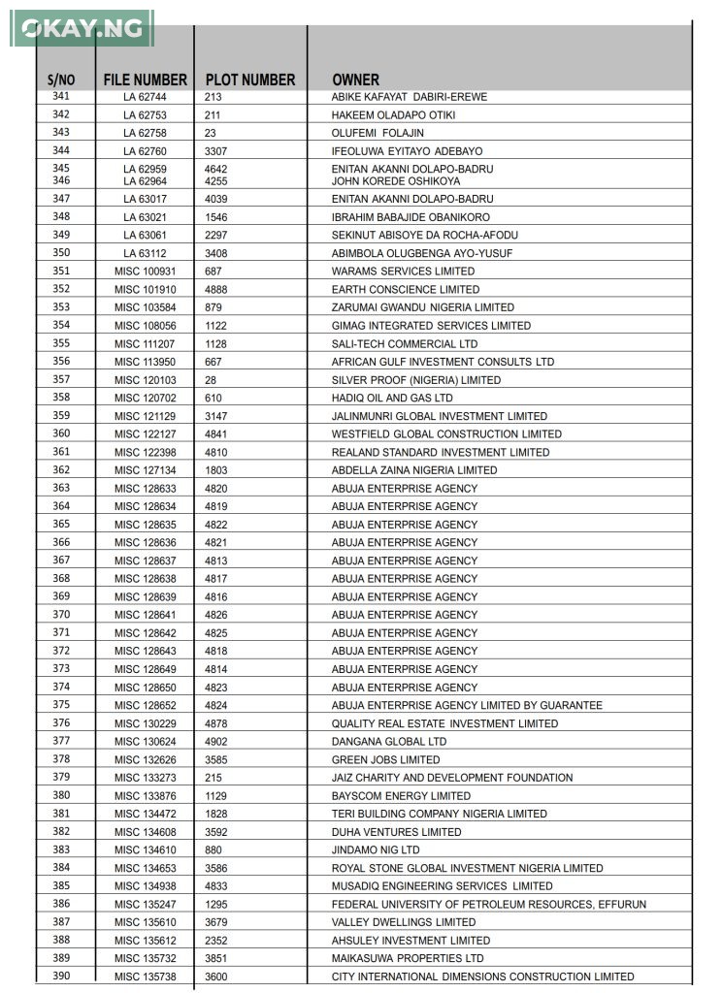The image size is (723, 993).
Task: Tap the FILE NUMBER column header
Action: coord(146,80)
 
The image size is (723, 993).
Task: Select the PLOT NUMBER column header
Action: coord(250,80)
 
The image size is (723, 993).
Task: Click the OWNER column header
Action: coord(355,80)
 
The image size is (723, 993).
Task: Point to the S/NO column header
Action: coord(61,80)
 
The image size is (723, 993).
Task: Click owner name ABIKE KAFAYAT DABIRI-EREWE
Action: coord(410,97)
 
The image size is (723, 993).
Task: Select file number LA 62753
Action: coord(145,115)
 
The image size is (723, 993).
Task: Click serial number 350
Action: coord(61,253)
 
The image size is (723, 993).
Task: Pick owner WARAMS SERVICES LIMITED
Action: coord(403,272)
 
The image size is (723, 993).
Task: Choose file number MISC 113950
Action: coord(146,362)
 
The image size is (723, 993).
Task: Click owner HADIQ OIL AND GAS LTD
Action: coord(392,398)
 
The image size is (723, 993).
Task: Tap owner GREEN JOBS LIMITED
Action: coord(385,759)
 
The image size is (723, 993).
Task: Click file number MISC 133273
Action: coord(146,778)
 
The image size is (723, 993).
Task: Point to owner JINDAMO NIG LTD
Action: coord(376,850)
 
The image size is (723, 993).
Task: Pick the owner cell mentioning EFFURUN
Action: coord(489,905)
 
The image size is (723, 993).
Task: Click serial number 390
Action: coord(61,976)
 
